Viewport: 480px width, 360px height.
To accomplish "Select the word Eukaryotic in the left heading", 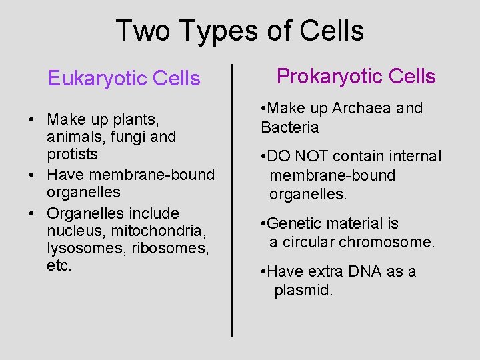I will coord(97,79).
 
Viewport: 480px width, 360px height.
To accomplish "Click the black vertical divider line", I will coord(232,200).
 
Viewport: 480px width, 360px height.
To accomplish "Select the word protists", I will coord(72,154).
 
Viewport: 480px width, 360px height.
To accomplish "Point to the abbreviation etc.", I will coord(59,265).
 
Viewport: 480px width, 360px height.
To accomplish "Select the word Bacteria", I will coord(290,127).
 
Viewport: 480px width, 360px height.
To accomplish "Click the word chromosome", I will coord(387,242).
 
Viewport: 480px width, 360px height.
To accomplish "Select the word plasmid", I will coord(303,291).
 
